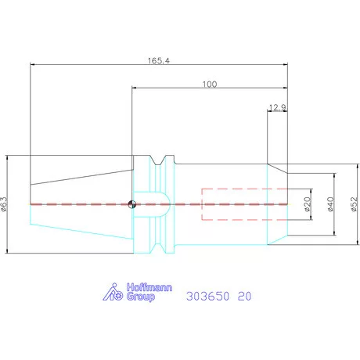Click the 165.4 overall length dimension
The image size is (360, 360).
(x=159, y=61)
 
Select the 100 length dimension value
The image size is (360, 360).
(x=210, y=85)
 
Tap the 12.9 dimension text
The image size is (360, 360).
(x=277, y=107)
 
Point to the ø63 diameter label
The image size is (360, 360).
(x=4, y=203)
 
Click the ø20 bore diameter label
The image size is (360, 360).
(x=308, y=204)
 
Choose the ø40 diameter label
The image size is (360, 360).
(x=330, y=204)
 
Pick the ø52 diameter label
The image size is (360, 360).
(x=354, y=204)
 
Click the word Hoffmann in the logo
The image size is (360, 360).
(x=149, y=287)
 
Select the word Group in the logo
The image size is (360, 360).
(x=141, y=297)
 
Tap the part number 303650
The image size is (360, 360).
(x=208, y=296)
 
